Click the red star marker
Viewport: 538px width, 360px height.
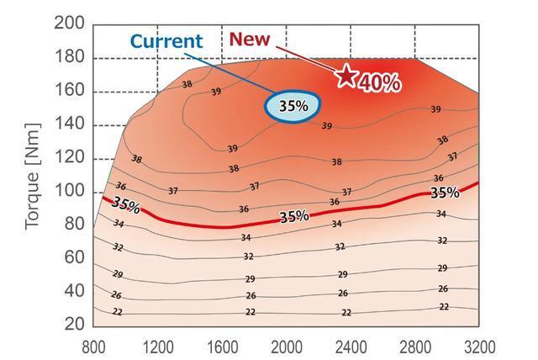[x=346, y=76]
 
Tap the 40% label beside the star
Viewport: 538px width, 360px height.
[x=379, y=82]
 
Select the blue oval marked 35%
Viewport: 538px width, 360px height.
[x=293, y=106]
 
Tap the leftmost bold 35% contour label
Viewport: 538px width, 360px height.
[x=126, y=204]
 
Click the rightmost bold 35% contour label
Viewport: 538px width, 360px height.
[x=445, y=193]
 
